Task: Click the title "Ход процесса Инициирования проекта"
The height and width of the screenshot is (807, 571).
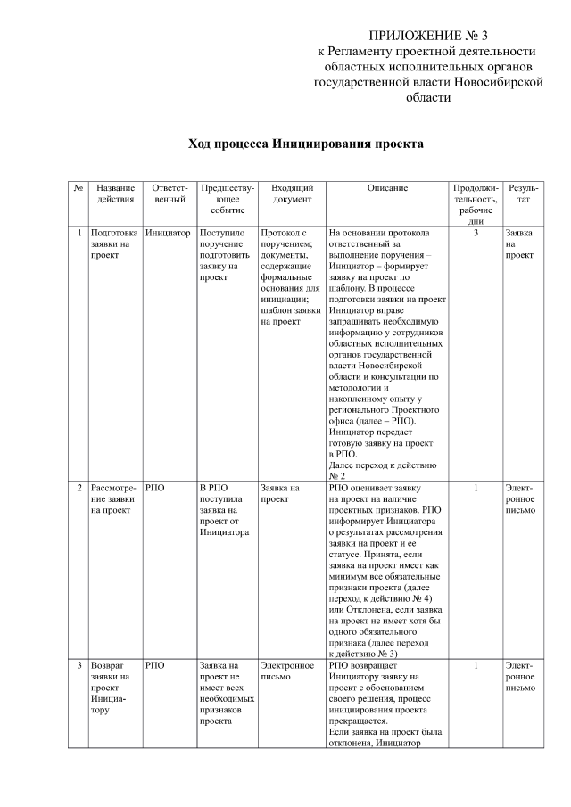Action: pos(305,144)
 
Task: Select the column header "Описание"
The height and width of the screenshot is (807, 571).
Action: pos(386,189)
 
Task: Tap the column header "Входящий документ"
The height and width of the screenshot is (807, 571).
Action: pos(291,194)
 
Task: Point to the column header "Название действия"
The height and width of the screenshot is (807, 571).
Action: pos(115,194)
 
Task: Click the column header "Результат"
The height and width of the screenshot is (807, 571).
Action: pos(523,194)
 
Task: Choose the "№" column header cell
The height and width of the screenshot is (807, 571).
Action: pos(79,189)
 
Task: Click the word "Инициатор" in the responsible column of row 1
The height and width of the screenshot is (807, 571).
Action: pos(168,233)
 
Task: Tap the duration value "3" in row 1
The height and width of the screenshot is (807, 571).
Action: pos(476,233)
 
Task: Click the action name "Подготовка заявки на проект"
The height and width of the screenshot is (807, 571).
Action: pos(114,243)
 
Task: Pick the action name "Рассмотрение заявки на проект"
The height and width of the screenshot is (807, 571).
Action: pos(115,499)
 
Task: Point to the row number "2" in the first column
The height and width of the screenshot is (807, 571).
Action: pos(79,489)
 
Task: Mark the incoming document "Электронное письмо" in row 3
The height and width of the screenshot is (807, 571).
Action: pos(286,671)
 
